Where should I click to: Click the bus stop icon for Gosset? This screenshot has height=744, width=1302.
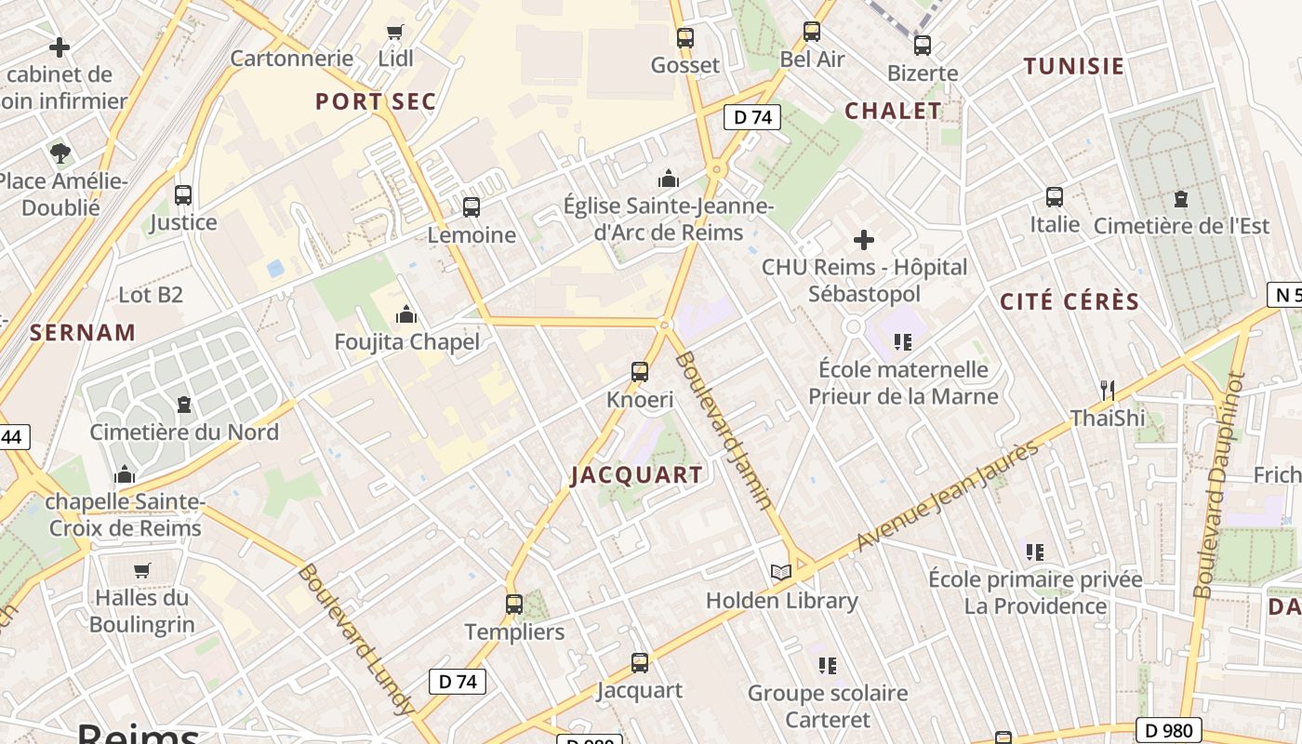pyautogui.click(x=685, y=38)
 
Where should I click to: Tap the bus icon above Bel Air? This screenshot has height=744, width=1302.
pyautogui.click(x=812, y=32)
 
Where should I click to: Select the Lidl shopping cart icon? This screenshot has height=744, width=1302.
pyautogui.click(x=395, y=33)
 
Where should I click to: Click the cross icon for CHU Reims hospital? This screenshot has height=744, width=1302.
pyautogui.click(x=864, y=241)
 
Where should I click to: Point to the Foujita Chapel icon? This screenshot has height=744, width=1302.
pyautogui.click(x=406, y=315)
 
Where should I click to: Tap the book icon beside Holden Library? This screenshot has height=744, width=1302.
pyautogui.click(x=781, y=572)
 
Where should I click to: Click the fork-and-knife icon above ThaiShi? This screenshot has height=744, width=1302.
pyautogui.click(x=1107, y=390)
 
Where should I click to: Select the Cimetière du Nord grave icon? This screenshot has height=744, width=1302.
pyautogui.click(x=183, y=405)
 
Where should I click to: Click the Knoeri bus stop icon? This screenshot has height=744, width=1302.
pyautogui.click(x=640, y=372)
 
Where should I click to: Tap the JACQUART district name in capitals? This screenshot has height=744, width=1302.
pyautogui.click(x=637, y=475)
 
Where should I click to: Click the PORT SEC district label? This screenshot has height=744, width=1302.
pyautogui.click(x=376, y=101)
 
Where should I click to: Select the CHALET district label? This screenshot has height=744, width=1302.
pyautogui.click(x=893, y=111)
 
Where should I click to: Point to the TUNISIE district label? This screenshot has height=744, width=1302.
pyautogui.click(x=1074, y=66)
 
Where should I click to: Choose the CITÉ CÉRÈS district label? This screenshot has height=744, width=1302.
pyautogui.click(x=1069, y=301)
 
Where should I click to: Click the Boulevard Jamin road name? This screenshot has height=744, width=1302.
pyautogui.click(x=724, y=430)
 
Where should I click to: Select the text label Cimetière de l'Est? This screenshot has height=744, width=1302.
pyautogui.click(x=1181, y=225)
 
